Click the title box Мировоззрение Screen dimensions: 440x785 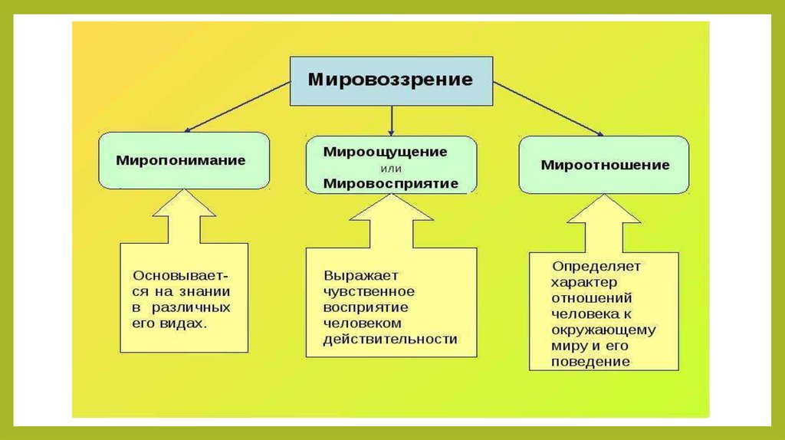click(x=390, y=79)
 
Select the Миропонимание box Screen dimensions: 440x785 click(x=183, y=160)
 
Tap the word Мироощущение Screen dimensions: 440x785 click(x=385, y=151)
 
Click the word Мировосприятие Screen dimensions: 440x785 click(x=390, y=183)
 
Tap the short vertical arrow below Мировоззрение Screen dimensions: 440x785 click(x=392, y=120)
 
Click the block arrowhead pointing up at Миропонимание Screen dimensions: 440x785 click(x=184, y=210)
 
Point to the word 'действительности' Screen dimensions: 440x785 click(x=389, y=338)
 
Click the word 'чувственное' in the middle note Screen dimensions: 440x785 click(x=369, y=291)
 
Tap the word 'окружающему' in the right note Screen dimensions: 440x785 click(x=603, y=330)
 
